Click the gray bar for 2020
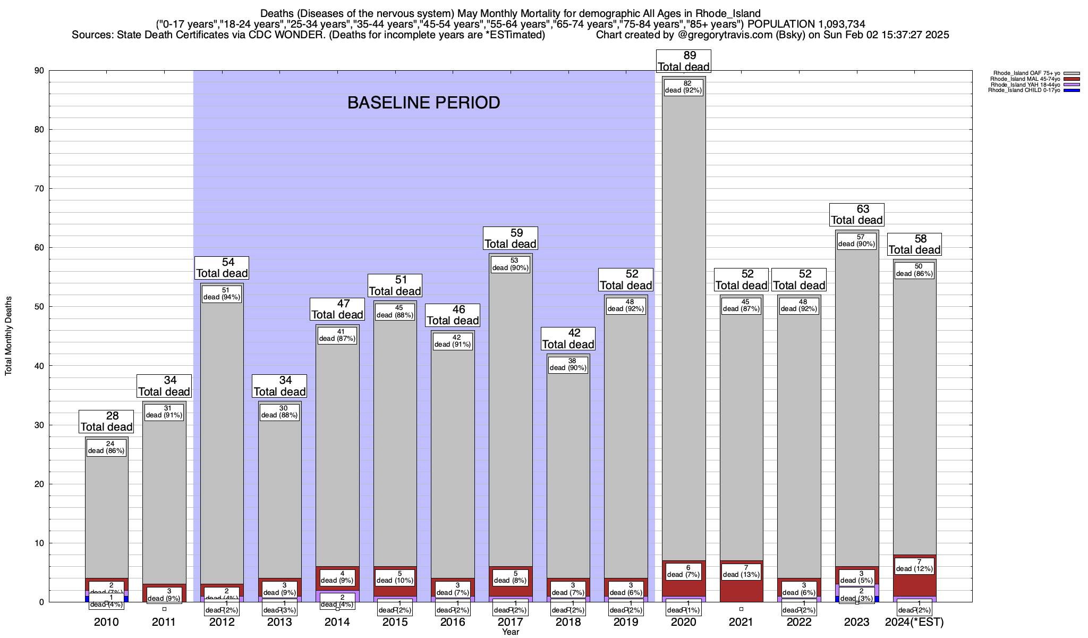(684, 319)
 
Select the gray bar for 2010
(106, 510)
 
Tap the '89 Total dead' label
(684, 61)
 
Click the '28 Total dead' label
(106, 421)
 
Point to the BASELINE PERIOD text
(423, 103)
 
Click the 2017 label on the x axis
(511, 622)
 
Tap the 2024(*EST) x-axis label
(914, 622)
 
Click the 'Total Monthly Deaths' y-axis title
(8, 335)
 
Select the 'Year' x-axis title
(511, 632)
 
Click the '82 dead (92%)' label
(684, 87)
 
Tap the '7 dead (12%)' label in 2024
(914, 565)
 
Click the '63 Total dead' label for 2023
(857, 214)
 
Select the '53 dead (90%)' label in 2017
(511, 264)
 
